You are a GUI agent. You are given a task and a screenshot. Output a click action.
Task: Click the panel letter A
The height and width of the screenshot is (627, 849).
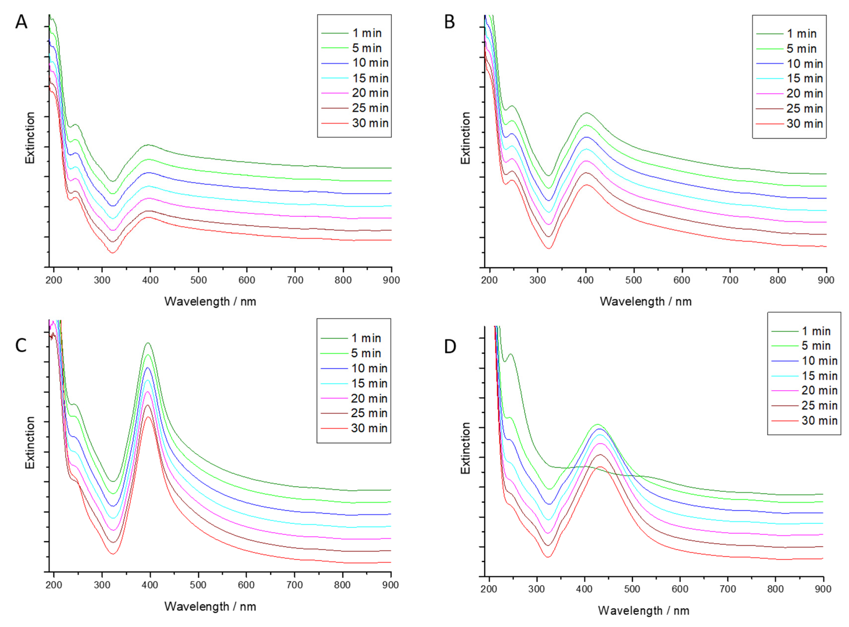21,22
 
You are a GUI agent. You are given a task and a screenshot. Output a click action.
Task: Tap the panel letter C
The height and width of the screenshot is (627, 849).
21,346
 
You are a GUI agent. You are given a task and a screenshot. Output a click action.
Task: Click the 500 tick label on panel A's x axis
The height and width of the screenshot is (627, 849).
198,280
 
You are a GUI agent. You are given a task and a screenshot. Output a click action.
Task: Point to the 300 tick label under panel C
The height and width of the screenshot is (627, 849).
102,585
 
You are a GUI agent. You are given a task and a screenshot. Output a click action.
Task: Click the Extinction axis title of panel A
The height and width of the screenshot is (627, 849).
30,138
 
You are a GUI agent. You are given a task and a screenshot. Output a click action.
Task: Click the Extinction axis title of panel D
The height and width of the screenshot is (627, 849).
465,448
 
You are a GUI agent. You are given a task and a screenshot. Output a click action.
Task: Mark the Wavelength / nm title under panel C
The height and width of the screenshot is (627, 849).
210,606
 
